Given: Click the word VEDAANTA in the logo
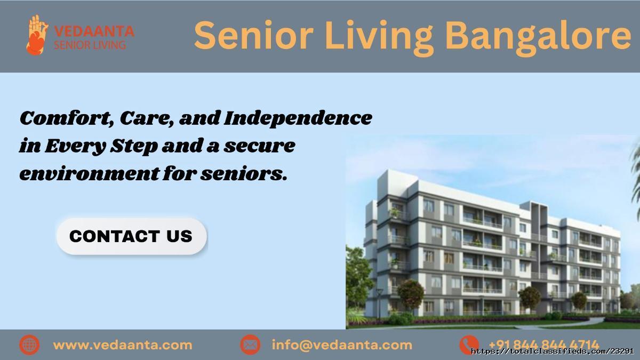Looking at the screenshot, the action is pyautogui.click(x=94, y=31).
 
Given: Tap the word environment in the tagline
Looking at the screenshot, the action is pyautogui.click(x=90, y=174).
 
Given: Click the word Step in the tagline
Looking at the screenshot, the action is pyautogui.click(x=134, y=146).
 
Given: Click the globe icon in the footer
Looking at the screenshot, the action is pyautogui.click(x=29, y=345).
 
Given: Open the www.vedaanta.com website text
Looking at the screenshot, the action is pyautogui.click(x=123, y=345).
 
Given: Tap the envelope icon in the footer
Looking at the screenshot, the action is pyautogui.click(x=250, y=345).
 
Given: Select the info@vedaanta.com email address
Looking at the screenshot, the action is pyautogui.click(x=342, y=345).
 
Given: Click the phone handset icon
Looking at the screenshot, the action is pyautogui.click(x=469, y=345).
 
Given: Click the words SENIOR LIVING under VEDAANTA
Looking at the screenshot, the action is pyautogui.click(x=90, y=45).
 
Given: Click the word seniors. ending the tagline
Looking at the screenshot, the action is pyautogui.click(x=244, y=174).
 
